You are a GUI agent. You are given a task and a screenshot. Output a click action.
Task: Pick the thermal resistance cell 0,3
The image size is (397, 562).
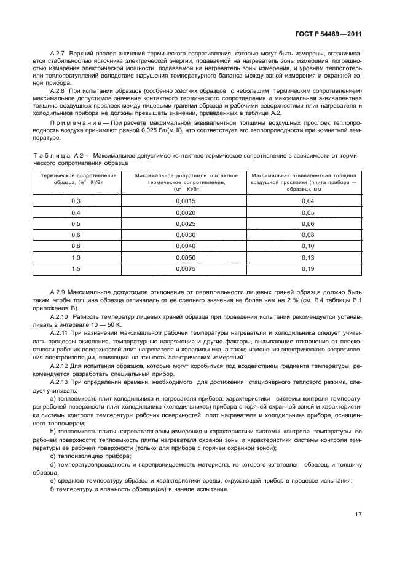click(x=76, y=201)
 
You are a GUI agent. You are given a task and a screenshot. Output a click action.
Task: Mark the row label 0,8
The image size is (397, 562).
click(x=76, y=246)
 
